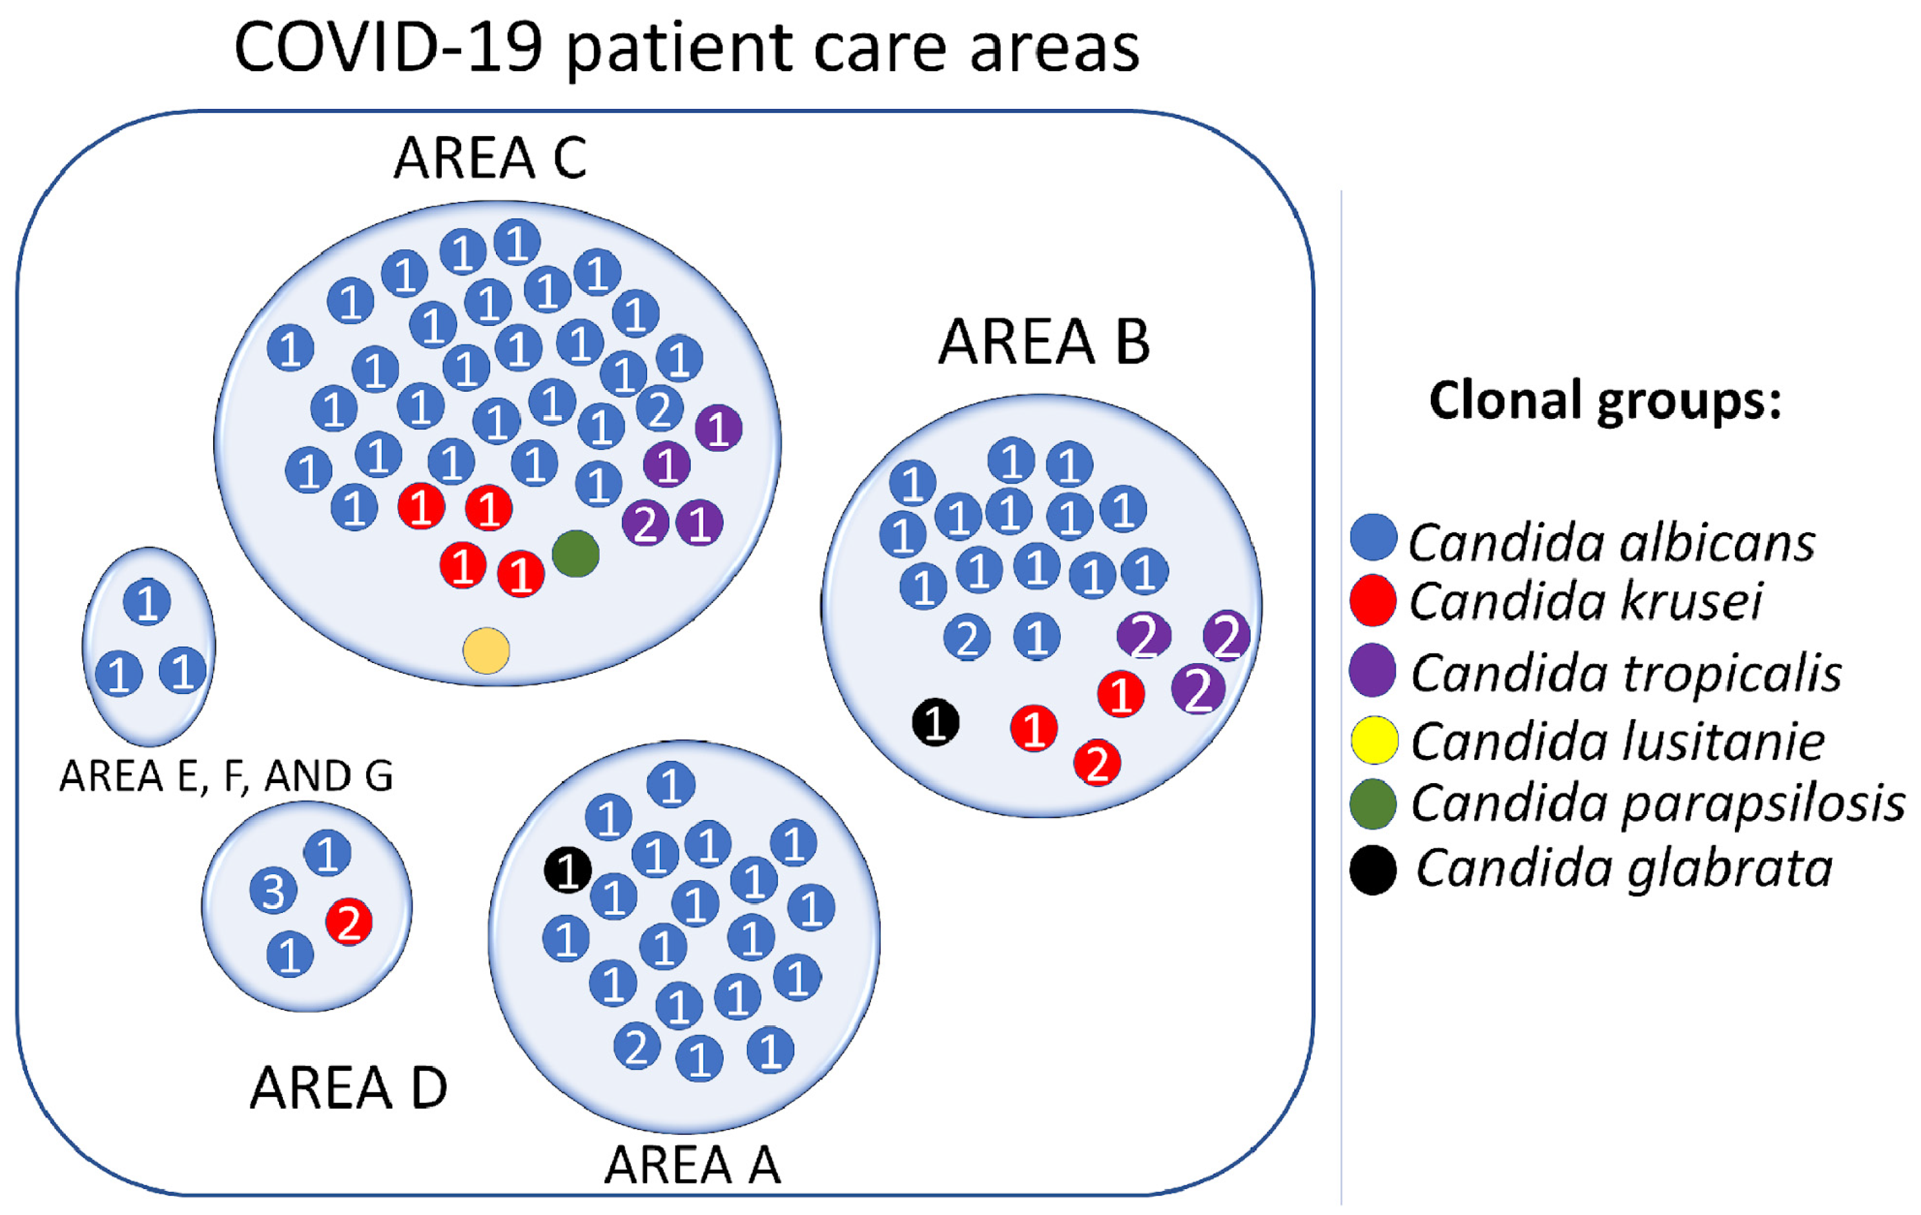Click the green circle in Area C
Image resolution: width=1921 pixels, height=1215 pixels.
click(575, 554)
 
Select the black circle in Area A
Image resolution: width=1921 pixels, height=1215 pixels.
click(567, 870)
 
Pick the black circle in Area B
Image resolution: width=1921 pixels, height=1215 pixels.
click(935, 722)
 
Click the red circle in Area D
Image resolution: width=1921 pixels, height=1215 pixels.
click(349, 922)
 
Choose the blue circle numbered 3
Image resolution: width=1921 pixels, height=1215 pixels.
click(274, 890)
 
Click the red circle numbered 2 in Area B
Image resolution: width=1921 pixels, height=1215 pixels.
click(1097, 762)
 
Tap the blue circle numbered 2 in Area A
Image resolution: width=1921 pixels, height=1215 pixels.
click(637, 1046)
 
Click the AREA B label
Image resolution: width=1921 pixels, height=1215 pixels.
click(1043, 342)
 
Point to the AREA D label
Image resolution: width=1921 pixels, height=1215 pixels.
click(349, 1088)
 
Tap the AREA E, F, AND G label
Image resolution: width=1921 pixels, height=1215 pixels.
click(227, 775)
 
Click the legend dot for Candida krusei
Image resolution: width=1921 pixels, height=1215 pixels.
click(1373, 600)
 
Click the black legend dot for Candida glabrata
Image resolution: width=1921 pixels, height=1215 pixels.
click(1373, 870)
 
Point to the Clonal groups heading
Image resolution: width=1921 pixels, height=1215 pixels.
click(1605, 400)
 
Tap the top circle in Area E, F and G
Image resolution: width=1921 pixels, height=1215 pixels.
click(147, 602)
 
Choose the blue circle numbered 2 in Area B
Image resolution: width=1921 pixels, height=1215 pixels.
click(967, 637)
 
